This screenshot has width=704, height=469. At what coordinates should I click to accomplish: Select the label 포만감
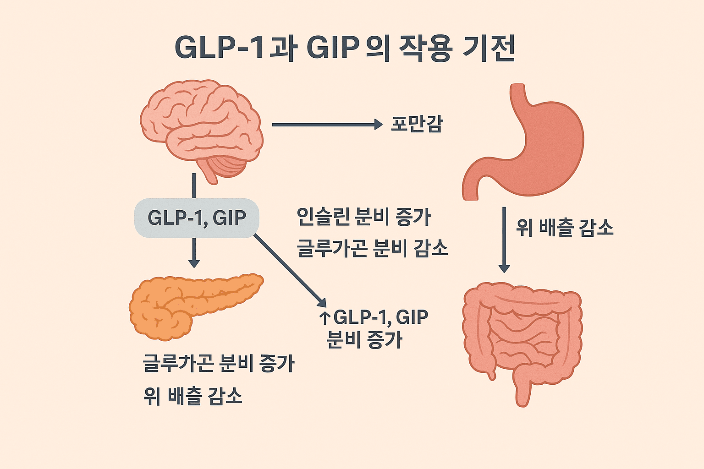coord(417,124)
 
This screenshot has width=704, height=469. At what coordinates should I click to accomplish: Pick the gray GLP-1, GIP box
coord(197,218)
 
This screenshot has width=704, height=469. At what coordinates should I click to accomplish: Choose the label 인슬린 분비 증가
coord(363,217)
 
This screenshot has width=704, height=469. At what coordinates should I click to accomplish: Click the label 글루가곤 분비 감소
coord(372,248)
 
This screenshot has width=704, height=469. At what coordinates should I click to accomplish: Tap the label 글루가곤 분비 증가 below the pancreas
coord(219,363)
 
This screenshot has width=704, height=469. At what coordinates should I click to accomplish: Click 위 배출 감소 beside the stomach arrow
coord(565,227)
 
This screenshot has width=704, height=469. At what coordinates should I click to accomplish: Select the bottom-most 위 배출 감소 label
coord(192,396)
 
